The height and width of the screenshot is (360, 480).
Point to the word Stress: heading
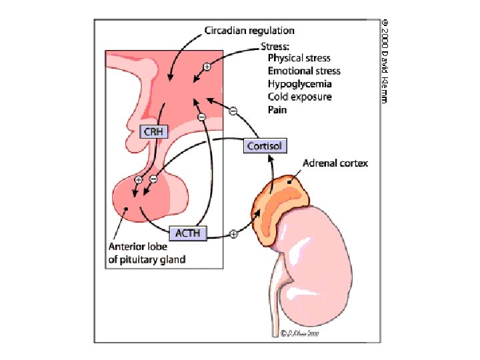click(x=274, y=47)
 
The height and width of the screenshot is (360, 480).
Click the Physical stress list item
click(x=299, y=59)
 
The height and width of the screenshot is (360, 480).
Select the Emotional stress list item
click(x=304, y=71)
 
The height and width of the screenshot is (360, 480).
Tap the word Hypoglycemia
click(x=299, y=84)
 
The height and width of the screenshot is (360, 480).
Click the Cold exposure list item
click(x=299, y=97)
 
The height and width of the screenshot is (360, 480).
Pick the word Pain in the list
click(x=277, y=109)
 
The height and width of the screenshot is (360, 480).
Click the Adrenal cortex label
click(x=335, y=163)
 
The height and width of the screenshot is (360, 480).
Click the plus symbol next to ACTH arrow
click(x=233, y=234)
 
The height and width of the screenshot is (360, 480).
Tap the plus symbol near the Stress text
click(x=207, y=67)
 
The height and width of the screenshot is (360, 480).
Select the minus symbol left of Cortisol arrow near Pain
click(x=233, y=111)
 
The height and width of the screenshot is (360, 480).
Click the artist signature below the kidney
click(x=301, y=332)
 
